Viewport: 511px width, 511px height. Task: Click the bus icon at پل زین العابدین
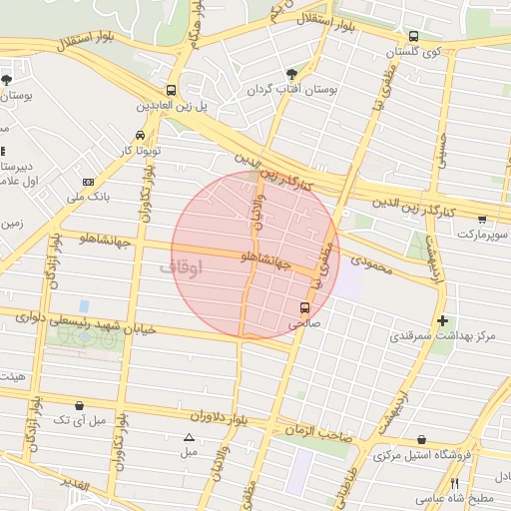[x=172, y=89]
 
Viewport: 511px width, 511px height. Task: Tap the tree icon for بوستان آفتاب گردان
[x=291, y=73]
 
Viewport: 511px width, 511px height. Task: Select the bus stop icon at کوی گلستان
[x=413, y=36]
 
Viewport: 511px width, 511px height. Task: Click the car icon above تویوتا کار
[x=140, y=134]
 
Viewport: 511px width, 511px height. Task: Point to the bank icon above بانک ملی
[x=89, y=182]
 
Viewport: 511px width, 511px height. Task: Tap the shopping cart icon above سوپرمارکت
[x=483, y=219]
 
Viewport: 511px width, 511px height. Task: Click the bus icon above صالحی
[x=304, y=307]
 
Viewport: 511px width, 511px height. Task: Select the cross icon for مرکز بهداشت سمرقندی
[x=442, y=320]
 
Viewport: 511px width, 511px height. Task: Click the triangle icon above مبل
[x=189, y=437]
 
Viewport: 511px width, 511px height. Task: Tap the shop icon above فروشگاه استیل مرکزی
[x=421, y=440]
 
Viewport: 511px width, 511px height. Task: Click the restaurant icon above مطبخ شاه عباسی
[x=454, y=482]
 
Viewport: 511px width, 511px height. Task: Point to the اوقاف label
[x=181, y=266]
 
